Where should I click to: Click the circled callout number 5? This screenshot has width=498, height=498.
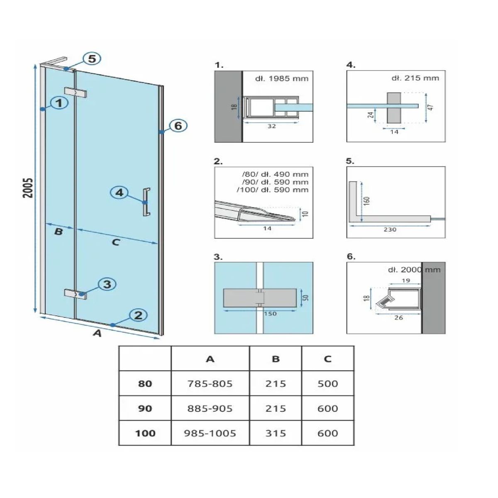pos(92,59)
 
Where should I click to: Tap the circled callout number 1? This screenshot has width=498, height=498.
pos(59,103)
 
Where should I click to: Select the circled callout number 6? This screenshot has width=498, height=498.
pos(178,126)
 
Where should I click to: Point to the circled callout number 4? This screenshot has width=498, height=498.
pos(119,193)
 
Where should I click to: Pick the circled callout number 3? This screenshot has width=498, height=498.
pos(107,284)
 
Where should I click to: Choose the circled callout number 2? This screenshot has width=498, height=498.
pos(138,315)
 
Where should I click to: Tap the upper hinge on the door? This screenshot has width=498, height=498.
pos(75,92)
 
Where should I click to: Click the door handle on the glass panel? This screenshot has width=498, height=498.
pos(146,202)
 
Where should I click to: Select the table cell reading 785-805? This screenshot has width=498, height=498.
pos(210,384)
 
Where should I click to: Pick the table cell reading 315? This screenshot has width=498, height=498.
pos(276,433)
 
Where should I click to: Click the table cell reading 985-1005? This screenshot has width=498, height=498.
pos(210,433)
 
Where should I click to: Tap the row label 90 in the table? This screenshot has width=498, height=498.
pos(145,409)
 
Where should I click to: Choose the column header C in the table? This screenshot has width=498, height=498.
pos(327,359)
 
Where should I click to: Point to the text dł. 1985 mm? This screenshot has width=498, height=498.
pos(282,78)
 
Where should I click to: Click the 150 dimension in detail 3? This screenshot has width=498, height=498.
pos(270,314)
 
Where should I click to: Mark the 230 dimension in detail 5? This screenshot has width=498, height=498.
pos(390,229)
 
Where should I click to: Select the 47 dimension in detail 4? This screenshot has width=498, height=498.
pos(431,107)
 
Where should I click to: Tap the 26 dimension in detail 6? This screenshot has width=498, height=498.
pos(399,318)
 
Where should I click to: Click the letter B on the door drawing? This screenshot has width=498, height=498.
pos(59,232)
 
